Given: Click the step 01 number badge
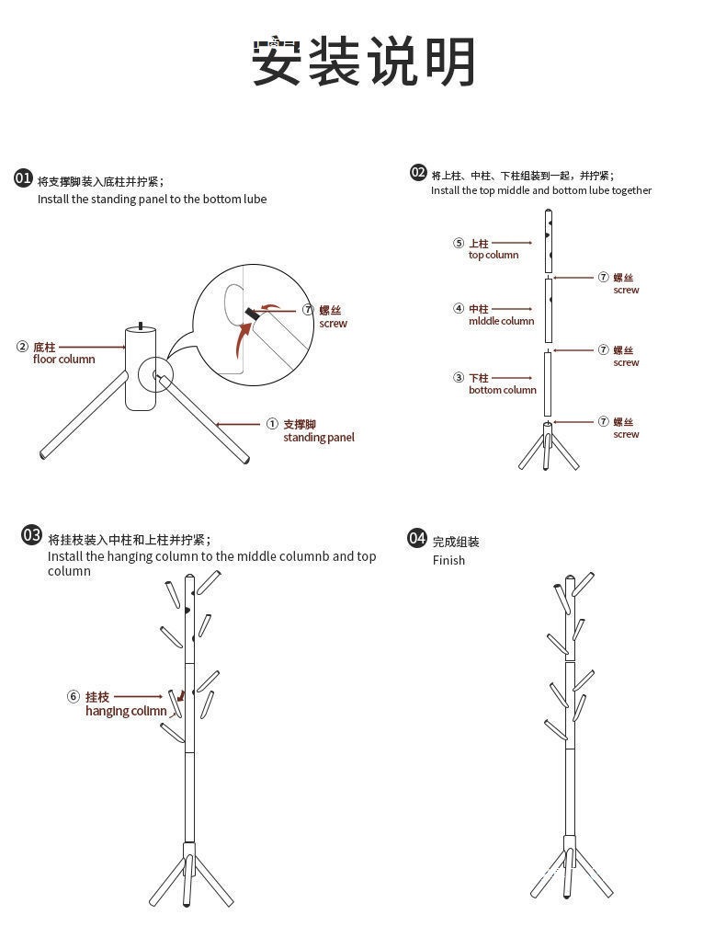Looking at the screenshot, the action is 24,178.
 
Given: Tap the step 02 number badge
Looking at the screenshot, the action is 418,173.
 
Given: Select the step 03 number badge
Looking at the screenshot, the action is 32,535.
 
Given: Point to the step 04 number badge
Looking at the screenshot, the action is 417,538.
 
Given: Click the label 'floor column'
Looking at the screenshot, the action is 63,360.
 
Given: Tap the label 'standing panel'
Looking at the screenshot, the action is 318,438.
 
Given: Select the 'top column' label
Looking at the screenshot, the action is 493,256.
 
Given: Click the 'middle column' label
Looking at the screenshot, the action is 501,322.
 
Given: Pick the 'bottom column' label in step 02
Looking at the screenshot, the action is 502,390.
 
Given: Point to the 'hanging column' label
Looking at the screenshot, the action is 126,711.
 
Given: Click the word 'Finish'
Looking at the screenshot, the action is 448,560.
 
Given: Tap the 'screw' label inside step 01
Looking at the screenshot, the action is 334,324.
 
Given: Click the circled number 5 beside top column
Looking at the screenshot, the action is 458,244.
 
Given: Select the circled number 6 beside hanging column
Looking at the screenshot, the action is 74,697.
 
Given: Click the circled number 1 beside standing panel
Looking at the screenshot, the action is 272,424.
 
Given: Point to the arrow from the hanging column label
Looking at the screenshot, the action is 138,697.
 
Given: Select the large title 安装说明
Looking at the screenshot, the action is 364,62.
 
